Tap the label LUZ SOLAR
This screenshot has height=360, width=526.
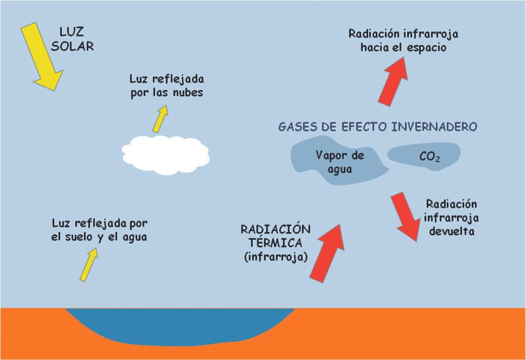[x=72, y=39]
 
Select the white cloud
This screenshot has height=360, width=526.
[x=165, y=153]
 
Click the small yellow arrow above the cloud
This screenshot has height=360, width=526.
[x=160, y=119]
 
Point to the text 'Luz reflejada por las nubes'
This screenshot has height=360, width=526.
[x=167, y=86]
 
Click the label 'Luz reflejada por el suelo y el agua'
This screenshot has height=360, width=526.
[x=100, y=230]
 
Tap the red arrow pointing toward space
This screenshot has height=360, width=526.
[x=393, y=82]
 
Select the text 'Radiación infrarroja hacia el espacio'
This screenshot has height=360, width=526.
[x=403, y=40]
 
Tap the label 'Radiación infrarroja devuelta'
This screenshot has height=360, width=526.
[x=451, y=217]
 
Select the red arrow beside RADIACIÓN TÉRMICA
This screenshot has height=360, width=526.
[x=327, y=253]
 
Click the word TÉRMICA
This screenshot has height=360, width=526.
[x=275, y=243]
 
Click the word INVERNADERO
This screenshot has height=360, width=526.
[x=434, y=127]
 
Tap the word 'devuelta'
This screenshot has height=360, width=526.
[x=452, y=231]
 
